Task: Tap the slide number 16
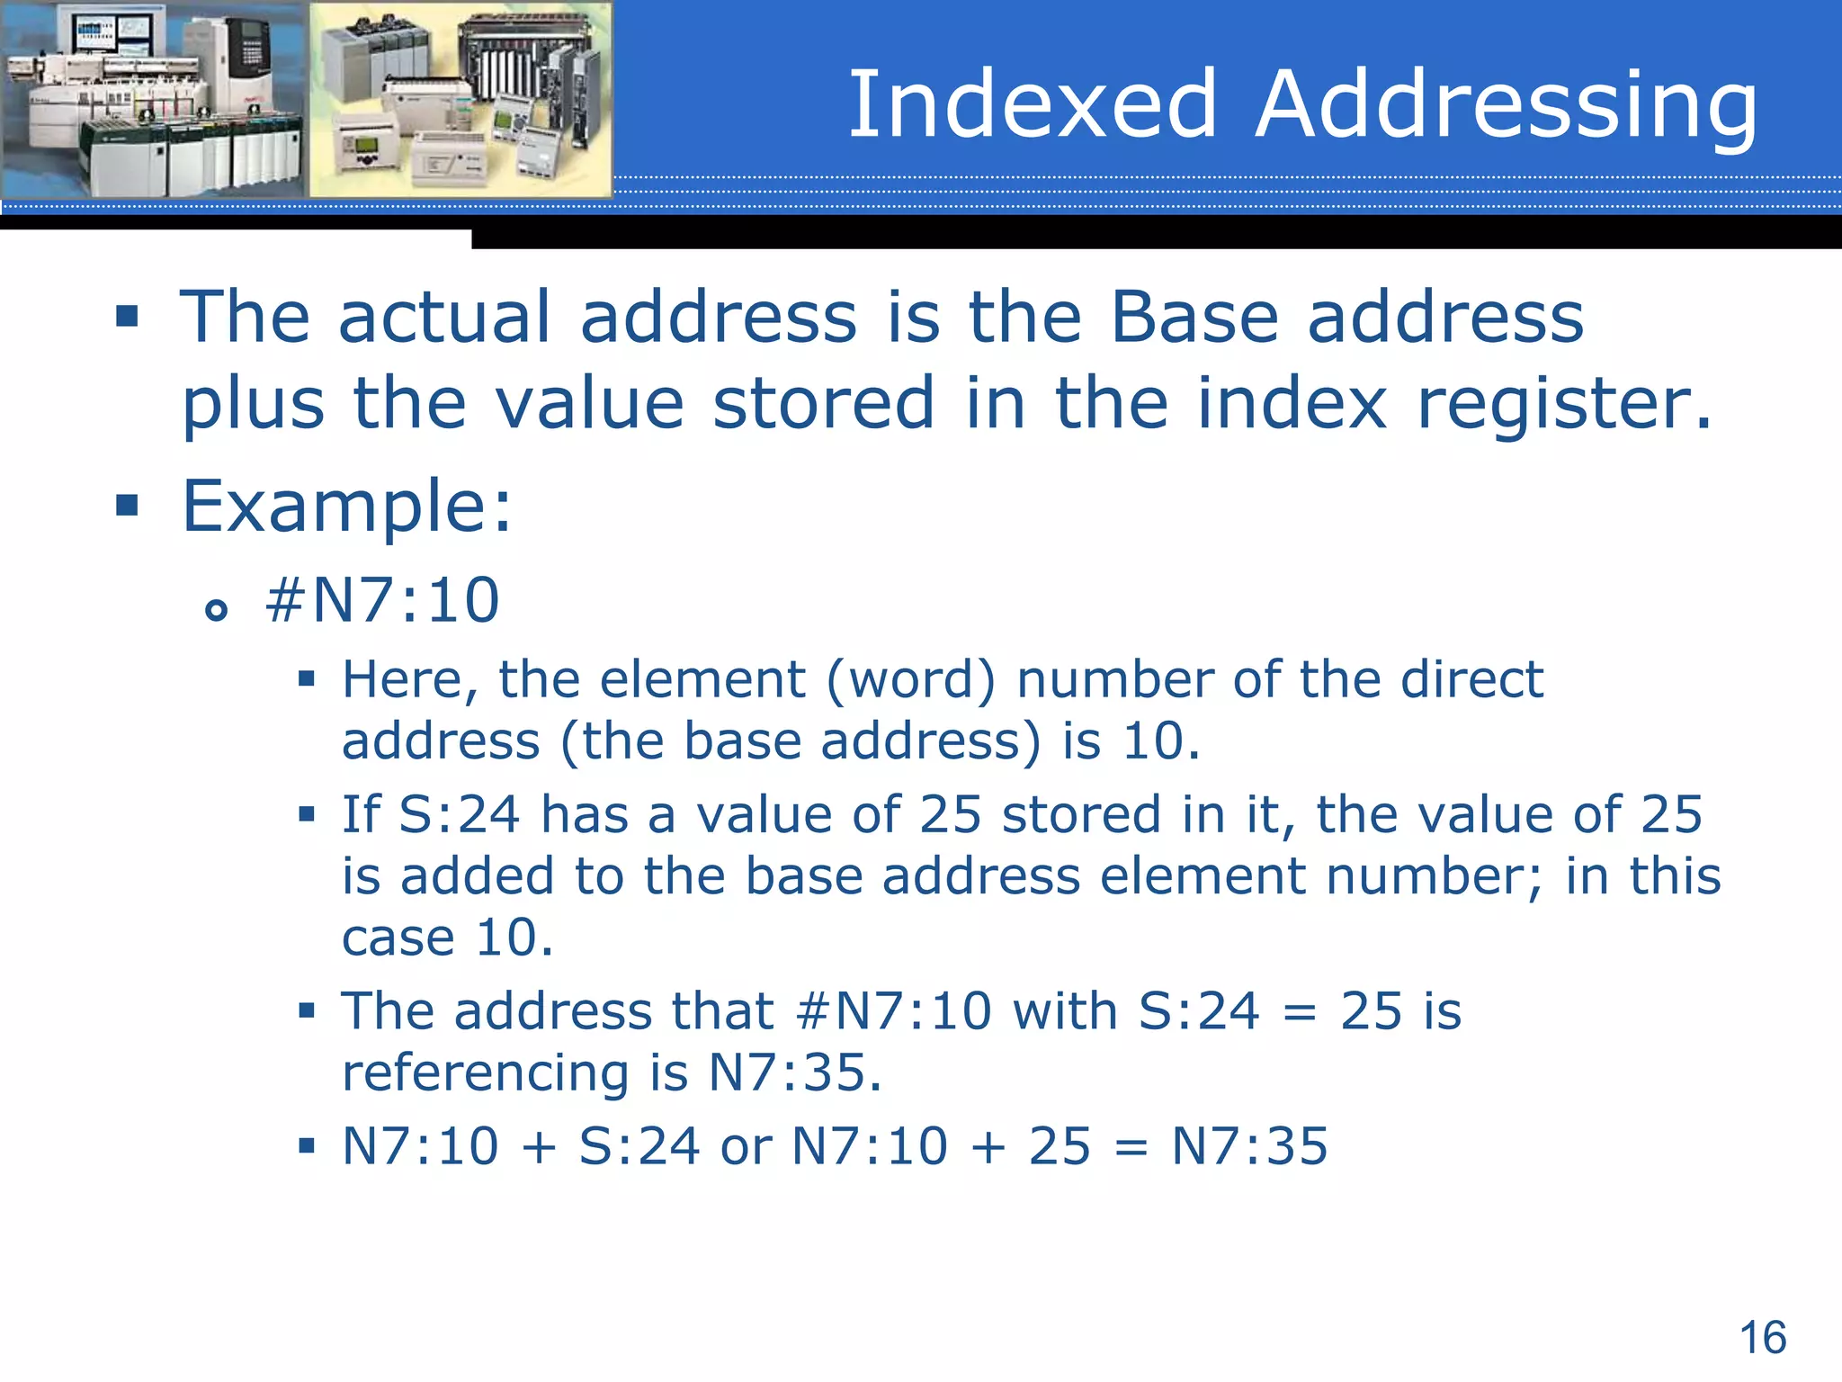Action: point(1763,1337)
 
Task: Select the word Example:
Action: point(347,507)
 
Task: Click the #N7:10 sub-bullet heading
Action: point(382,600)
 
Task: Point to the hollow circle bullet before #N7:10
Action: point(216,611)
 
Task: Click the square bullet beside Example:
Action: point(127,505)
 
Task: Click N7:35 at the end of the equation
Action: point(1249,1146)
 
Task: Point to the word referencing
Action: point(485,1074)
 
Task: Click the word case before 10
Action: point(398,938)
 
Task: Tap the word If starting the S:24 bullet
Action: point(362,814)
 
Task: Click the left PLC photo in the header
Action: point(154,99)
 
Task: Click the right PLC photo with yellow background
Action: point(460,99)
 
